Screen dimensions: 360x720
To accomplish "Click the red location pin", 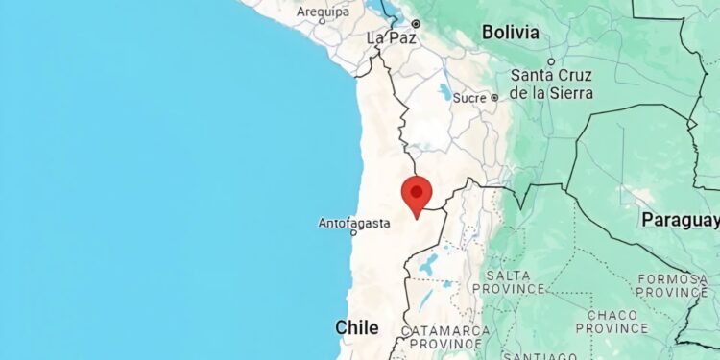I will pyautogui.click(x=417, y=195).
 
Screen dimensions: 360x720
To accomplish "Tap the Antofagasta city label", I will pyautogui.click(x=354, y=224).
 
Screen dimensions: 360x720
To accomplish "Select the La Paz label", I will pyautogui.click(x=390, y=37).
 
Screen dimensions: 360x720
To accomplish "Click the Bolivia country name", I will pyautogui.click(x=510, y=33).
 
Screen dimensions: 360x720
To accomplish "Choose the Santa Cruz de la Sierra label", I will pyautogui.click(x=552, y=84).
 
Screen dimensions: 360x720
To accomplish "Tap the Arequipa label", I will pyautogui.click(x=323, y=12).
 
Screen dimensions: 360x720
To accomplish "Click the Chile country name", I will pyautogui.click(x=356, y=327).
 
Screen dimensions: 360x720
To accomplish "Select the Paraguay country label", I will pyautogui.click(x=680, y=220).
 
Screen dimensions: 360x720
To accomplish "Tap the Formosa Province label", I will pyautogui.click(x=673, y=285).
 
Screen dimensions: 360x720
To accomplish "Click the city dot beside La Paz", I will pyautogui.click(x=417, y=23).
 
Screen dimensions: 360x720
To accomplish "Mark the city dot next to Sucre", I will pyautogui.click(x=494, y=97).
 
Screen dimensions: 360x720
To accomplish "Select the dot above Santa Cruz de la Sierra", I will pyautogui.click(x=551, y=61).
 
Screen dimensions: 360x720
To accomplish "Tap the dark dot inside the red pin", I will pyautogui.click(x=417, y=191).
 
